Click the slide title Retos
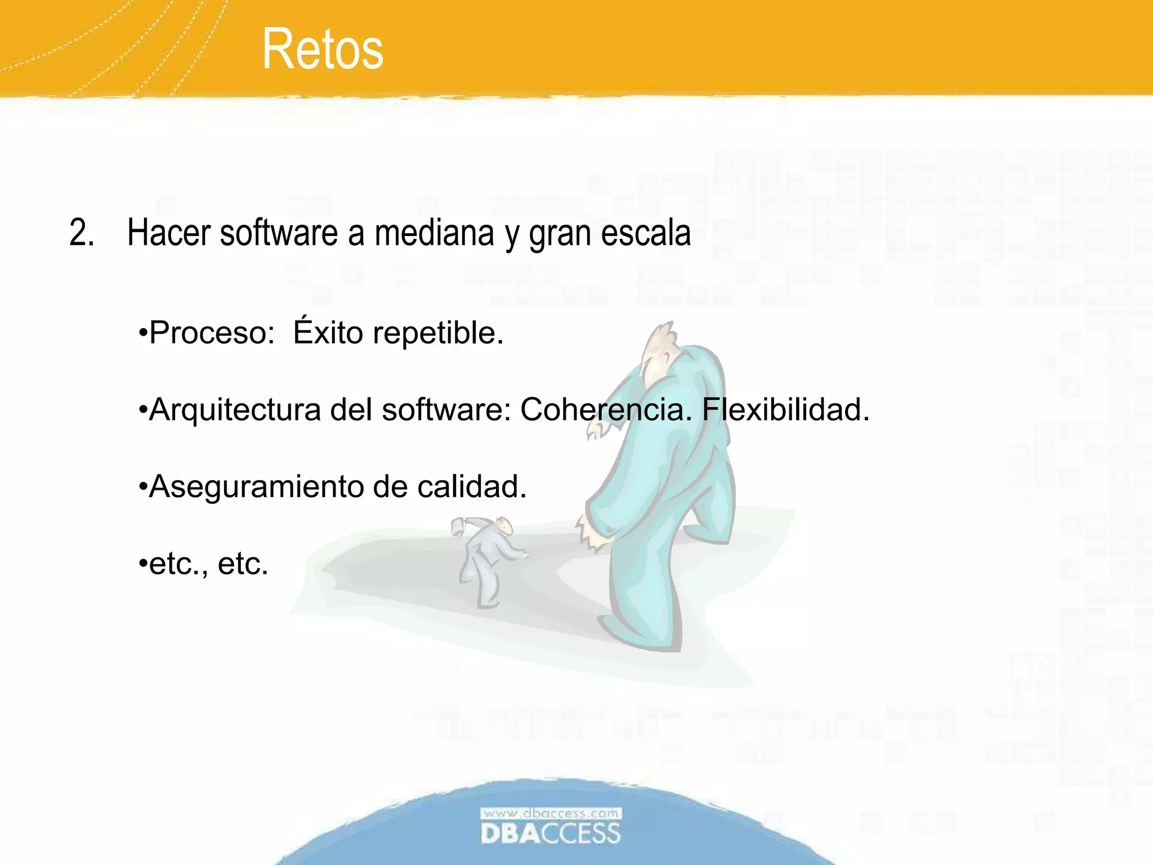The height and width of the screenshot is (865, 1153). pyautogui.click(x=323, y=50)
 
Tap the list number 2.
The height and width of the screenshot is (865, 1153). pyautogui.click(x=81, y=233)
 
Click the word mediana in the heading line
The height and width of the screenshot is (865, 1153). pyautogui.click(x=434, y=233)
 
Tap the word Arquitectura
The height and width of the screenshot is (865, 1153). pyautogui.click(x=234, y=409)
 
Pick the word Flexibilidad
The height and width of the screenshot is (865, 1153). pyautogui.click(x=785, y=409)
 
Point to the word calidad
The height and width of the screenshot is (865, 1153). pyautogui.click(x=472, y=487)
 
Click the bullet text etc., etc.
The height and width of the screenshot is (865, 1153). pyautogui.click(x=208, y=563)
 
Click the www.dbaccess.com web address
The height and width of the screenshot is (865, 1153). pyautogui.click(x=551, y=813)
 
